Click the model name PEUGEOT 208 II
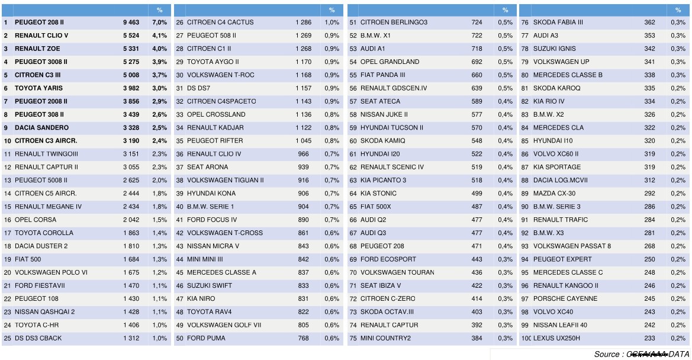(x=39, y=22)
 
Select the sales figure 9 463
(x=131, y=22)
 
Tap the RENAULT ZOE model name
(x=37, y=49)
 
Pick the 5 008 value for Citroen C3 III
(x=131, y=75)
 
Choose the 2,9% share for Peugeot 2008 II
(x=159, y=101)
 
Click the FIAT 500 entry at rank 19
(x=27, y=259)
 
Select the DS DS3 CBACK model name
(x=38, y=338)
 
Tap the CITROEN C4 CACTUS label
(x=220, y=22)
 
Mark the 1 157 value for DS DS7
(x=303, y=88)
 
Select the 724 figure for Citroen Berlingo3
(x=477, y=22)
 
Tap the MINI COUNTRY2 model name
(x=385, y=338)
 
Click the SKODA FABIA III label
(x=558, y=22)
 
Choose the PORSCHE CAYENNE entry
(x=565, y=298)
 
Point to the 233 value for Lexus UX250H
(x=649, y=338)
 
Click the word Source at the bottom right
(x=607, y=354)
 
